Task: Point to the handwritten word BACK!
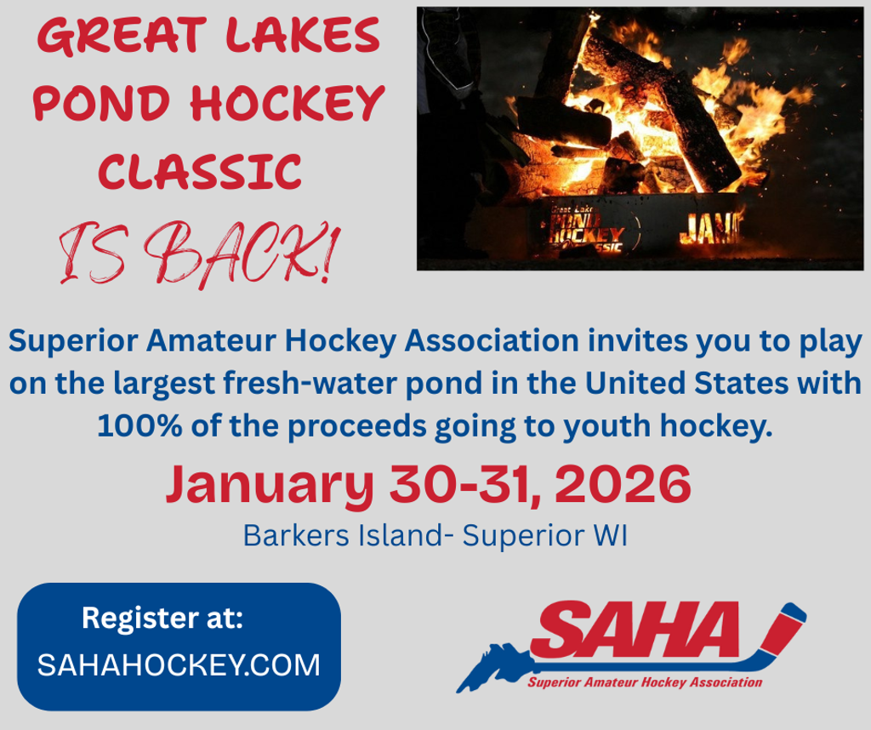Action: coord(241,254)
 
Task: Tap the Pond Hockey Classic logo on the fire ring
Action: coord(586,229)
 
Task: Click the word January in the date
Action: coord(270,484)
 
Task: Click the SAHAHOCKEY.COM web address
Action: coord(179,664)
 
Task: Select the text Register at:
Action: coord(162,618)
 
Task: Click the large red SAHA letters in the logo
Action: coord(633,629)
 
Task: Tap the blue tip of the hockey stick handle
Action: coord(795,612)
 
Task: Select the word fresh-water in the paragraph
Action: coord(310,384)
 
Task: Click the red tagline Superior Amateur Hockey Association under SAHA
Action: coord(645,682)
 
